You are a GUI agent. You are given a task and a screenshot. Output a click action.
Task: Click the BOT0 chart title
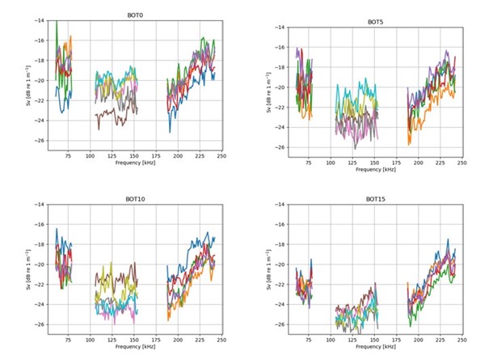pos(135,15)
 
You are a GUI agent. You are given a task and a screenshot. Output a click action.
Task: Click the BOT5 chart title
pos(375,23)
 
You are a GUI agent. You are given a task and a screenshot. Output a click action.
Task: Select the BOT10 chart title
pos(133,199)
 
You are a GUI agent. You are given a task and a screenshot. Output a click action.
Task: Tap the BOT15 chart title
pos(375,199)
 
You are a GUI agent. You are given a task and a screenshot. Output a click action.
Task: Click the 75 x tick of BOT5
pos(308,163)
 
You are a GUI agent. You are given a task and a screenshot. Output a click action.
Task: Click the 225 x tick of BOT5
pos(439,163)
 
